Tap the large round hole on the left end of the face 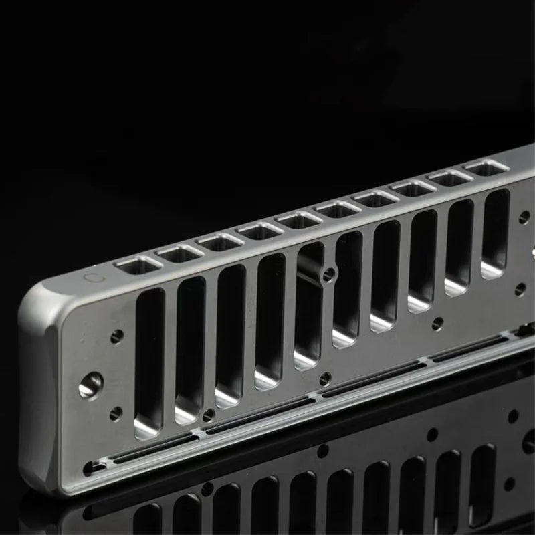click(x=90, y=385)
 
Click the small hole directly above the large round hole click(x=117, y=336)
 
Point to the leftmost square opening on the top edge click(x=138, y=265)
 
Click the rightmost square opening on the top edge click(x=486, y=167)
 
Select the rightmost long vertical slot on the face click(x=495, y=233)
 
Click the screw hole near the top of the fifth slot click(x=328, y=274)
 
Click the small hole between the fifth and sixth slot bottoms click(x=325, y=379)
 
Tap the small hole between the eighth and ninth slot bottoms click(x=437, y=323)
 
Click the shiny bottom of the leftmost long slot click(x=147, y=425)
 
